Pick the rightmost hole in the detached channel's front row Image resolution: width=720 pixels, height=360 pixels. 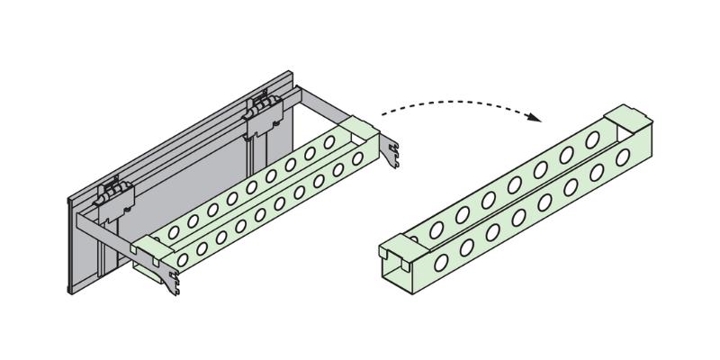[622, 157]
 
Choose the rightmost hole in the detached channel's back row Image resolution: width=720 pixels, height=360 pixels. [592, 139]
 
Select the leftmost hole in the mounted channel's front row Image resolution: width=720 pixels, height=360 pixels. [184, 259]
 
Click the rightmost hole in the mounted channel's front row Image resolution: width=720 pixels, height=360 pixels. [357, 160]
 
